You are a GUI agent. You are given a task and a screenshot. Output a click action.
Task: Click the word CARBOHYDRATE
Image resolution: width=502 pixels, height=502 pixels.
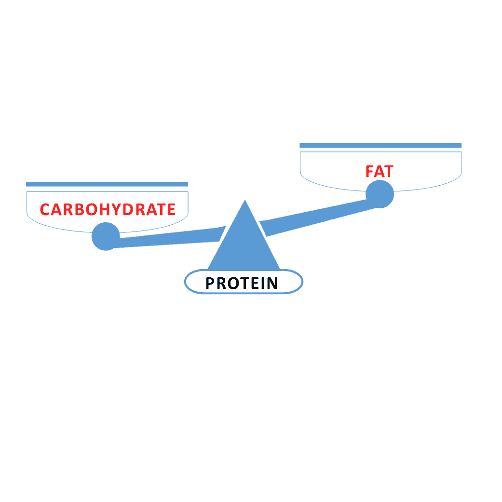[108, 210]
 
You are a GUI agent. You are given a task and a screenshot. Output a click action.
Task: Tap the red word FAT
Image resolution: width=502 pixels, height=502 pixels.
[380, 172]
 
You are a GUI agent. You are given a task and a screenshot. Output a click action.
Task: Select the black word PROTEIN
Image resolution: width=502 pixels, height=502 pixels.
[242, 284]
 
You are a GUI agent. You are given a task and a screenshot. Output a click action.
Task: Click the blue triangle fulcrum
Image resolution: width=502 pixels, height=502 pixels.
[244, 244]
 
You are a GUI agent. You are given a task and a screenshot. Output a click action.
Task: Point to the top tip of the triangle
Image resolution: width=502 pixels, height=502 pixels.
[245, 200]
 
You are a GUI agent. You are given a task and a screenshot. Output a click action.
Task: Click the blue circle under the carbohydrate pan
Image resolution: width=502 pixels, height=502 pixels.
[106, 236]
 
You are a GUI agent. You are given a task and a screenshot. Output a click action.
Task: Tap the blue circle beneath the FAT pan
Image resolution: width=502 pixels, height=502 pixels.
[380, 194]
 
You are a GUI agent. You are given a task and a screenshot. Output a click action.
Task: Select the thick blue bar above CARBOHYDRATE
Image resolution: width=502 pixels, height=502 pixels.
[107, 184]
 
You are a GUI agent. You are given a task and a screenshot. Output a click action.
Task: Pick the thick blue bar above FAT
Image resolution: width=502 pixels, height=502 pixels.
[380, 146]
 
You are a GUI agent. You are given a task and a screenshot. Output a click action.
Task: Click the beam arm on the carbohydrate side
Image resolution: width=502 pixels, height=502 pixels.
[168, 238]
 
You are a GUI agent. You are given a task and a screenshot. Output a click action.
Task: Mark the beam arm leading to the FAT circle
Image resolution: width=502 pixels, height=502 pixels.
[315, 217]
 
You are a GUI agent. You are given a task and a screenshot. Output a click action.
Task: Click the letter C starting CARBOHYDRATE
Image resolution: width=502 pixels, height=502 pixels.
[44, 210]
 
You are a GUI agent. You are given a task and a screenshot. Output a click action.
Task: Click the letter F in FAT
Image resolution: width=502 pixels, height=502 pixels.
[370, 172]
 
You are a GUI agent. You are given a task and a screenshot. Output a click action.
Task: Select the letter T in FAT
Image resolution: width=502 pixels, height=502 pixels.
[388, 172]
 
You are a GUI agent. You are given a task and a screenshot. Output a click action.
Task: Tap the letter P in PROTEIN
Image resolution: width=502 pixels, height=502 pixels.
[210, 284]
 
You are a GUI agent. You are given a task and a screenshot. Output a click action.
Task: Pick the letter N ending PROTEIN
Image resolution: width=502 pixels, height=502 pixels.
[272, 284]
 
